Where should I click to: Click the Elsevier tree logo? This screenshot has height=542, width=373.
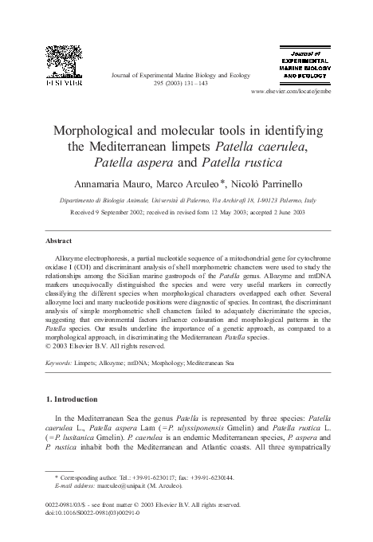click(x=63, y=65)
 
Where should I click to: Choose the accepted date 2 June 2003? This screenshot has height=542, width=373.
click(x=281, y=213)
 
